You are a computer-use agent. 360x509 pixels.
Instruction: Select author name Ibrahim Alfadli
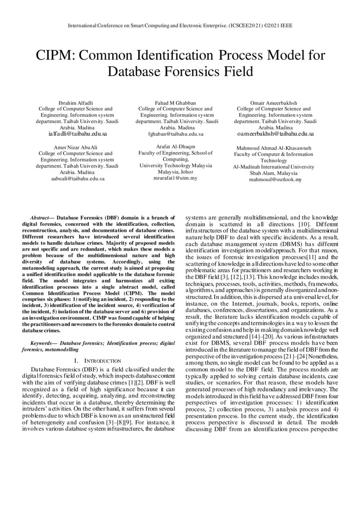coord(76,102)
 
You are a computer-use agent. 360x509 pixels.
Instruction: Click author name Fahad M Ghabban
coord(175,102)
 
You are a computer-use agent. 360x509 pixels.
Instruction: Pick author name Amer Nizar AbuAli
coord(76,147)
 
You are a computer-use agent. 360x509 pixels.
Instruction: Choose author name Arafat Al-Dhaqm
coord(175,147)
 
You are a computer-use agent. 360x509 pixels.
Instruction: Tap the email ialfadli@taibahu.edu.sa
coord(76,134)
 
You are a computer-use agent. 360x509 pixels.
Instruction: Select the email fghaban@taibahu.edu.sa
coord(175,134)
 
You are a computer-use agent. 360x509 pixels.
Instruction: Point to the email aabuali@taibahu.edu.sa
coord(76,179)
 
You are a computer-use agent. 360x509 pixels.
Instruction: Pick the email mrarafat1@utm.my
coord(175,178)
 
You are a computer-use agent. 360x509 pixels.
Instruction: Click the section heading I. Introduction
coord(98,361)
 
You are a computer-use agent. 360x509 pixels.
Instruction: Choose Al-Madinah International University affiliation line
coord(273,167)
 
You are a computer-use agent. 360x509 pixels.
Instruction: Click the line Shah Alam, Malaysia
coord(273,173)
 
